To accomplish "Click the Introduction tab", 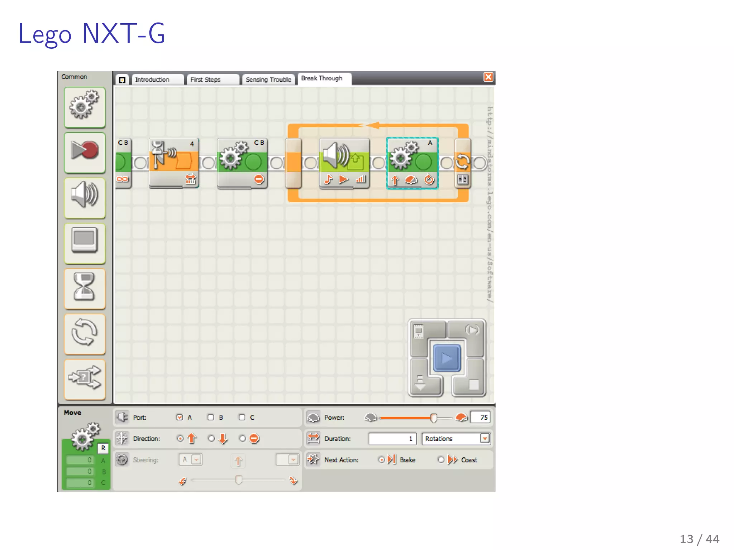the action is click(157, 79).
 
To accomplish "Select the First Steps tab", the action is click(212, 79).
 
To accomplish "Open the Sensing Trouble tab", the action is click(268, 79).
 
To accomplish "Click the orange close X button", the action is click(488, 77).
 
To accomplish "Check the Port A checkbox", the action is click(180, 418).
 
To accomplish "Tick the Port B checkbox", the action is click(211, 418).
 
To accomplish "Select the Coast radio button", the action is click(441, 460).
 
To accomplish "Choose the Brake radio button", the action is click(381, 460).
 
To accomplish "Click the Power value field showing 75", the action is click(480, 418).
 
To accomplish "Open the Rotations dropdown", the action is click(485, 439).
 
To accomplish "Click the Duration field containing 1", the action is click(392, 439).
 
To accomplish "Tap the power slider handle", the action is click(434, 418).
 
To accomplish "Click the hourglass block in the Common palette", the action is click(85, 288).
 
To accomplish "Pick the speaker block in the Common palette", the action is click(85, 198).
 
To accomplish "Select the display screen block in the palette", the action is click(85, 243).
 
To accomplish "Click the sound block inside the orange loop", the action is click(344, 163).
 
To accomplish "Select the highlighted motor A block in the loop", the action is click(412, 163).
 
